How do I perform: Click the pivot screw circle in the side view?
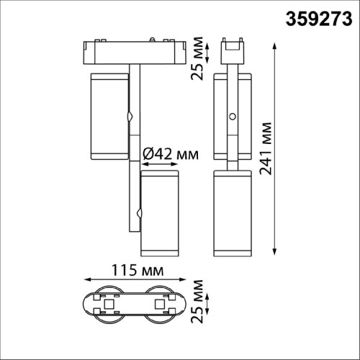pos(232,117)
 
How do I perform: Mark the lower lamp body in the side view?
pos(232,213)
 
